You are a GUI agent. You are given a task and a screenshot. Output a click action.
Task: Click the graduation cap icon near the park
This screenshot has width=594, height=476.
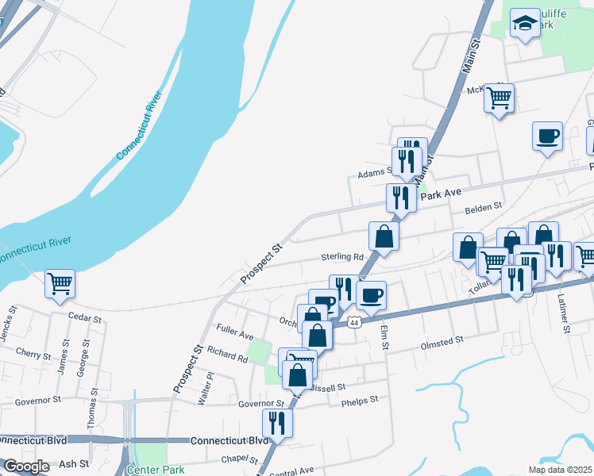click(x=524, y=24)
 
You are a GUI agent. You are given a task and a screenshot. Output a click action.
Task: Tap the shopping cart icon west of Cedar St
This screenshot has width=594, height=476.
click(x=60, y=283)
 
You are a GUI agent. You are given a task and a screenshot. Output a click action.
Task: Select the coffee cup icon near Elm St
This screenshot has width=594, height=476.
click(x=371, y=297)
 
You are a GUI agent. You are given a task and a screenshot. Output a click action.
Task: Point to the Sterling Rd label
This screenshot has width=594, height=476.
click(x=341, y=257)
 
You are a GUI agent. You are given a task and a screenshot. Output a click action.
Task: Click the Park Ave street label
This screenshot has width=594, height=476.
click(x=440, y=194)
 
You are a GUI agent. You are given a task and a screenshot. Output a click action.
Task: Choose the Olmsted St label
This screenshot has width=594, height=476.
click(x=441, y=340)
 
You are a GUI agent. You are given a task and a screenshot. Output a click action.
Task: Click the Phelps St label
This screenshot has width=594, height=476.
click(x=360, y=401)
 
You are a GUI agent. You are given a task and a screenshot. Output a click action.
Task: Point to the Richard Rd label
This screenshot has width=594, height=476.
click(x=227, y=354)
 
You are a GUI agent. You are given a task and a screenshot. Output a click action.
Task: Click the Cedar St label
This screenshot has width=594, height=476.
click(x=85, y=320)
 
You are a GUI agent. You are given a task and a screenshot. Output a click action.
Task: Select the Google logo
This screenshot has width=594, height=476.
click(x=26, y=466)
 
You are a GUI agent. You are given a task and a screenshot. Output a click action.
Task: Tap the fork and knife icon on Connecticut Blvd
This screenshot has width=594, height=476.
click(x=277, y=422)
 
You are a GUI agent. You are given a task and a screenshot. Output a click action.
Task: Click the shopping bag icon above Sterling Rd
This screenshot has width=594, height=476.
click(x=384, y=236)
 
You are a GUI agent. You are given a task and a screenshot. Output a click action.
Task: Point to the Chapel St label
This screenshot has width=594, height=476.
click(x=241, y=459)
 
